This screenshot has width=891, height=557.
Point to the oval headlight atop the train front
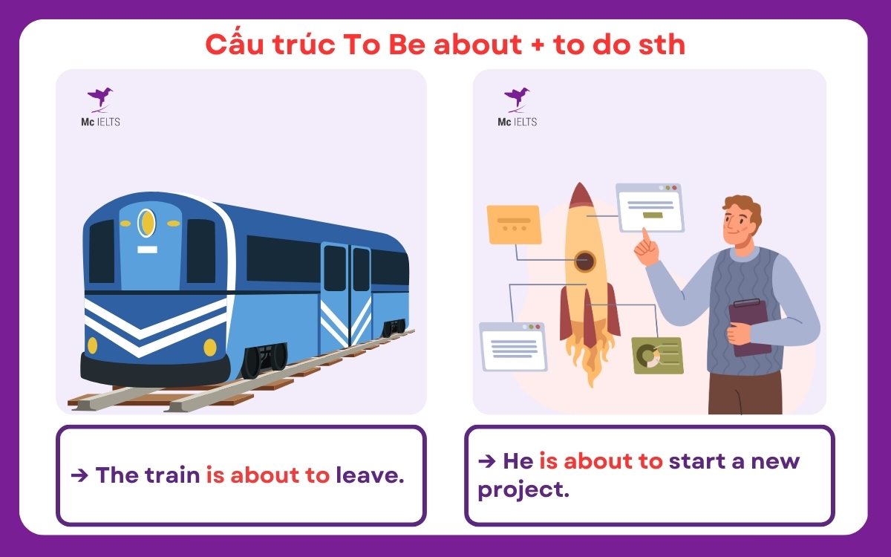[147, 222]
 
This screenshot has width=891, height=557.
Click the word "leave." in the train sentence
[370, 475]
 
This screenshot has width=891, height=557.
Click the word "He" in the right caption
[518, 461]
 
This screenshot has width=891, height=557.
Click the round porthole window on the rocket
[584, 261]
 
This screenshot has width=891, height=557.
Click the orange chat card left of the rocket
[513, 224]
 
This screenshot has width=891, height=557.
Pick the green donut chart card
[656, 355]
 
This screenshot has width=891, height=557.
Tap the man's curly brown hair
[742, 206]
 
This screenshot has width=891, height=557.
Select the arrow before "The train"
[79, 475]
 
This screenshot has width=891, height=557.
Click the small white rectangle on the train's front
[147, 250]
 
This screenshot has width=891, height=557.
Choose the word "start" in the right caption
[702, 461]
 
